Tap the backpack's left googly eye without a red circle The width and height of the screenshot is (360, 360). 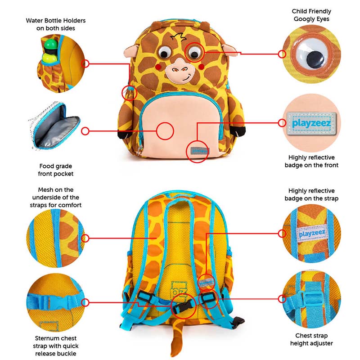coord(163,53)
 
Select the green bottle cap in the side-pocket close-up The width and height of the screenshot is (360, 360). coord(50,44)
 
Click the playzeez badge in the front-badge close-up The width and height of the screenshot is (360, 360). coord(311,123)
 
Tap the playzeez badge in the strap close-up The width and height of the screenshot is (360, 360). coord(312,233)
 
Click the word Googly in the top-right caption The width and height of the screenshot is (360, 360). coord(302,19)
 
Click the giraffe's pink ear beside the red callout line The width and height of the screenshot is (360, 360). coord(229,50)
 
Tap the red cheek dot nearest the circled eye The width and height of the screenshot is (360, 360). coord(201,67)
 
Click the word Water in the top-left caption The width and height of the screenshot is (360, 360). coord(34,21)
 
